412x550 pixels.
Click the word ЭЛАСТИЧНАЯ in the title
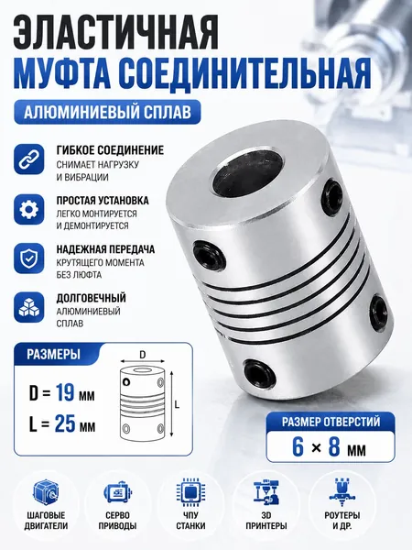116,34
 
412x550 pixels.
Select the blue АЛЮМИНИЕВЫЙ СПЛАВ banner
107,112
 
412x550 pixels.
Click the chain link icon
29,159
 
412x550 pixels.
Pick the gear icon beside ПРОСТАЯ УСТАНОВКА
29,209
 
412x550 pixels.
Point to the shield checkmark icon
29,258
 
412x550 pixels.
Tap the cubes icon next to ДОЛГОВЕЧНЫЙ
29,308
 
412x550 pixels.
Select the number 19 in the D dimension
65,392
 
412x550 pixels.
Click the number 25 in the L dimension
65,423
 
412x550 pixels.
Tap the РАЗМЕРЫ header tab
54,354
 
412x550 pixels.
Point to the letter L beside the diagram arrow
177,405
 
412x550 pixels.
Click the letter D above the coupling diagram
142,355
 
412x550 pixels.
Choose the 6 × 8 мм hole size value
330,447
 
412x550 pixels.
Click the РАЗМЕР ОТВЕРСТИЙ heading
331,422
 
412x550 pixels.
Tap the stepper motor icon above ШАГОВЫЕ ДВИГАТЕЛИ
46,493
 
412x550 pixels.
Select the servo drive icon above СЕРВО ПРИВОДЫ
117,493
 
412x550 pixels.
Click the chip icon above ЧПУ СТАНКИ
191,493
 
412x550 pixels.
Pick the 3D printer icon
266,492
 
